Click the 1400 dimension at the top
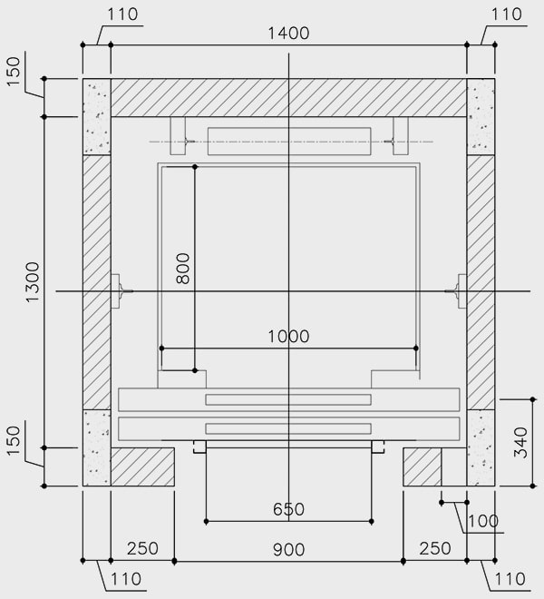point(288,34)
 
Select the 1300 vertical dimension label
point(33,282)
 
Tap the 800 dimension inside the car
point(182,269)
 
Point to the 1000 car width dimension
point(288,337)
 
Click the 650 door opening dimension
point(288,509)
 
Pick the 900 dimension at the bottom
point(288,549)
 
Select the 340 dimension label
point(520,442)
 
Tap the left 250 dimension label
point(142,549)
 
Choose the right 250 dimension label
point(434,549)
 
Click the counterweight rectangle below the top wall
point(288,142)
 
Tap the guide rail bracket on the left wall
point(120,290)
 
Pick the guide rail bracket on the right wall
point(458,290)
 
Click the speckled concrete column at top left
point(96,116)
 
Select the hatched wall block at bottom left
point(142,466)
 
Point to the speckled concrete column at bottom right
point(481,447)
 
